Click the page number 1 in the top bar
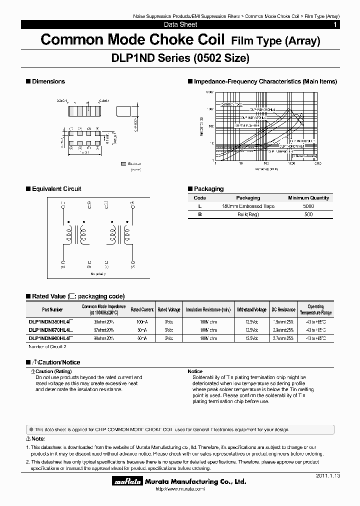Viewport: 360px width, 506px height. (335, 24)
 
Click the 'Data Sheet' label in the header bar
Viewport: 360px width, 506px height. (180, 24)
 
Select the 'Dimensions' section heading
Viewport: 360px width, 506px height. (48, 81)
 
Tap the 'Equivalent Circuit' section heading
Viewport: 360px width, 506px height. (56, 189)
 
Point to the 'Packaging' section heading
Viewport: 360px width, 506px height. (208, 189)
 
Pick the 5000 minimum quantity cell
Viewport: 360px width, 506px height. (308, 206)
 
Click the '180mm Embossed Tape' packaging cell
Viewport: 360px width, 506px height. (247, 206)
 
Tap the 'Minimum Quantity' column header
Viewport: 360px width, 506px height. (308, 198)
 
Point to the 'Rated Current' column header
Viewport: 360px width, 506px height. (142, 309)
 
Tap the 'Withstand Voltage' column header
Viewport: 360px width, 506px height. (251, 309)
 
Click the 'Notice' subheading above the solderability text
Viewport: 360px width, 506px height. (195, 371)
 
